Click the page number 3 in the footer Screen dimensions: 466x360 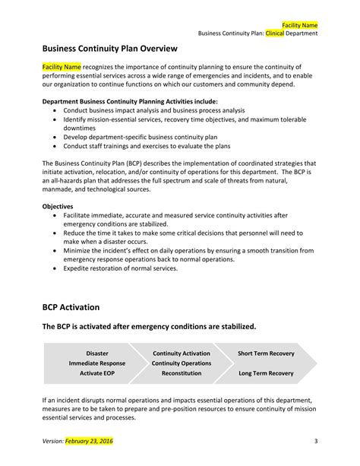(314, 441)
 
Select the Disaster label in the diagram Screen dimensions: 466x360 (97, 353)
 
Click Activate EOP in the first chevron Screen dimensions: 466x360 (97, 373)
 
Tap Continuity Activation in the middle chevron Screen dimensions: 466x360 (181, 353)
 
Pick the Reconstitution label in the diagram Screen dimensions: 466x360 (181, 373)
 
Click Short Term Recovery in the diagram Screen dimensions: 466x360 (265, 353)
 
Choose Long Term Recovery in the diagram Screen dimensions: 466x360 (265, 373)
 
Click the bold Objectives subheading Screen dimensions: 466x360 (58, 206)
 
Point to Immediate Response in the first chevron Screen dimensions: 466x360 (97, 363)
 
